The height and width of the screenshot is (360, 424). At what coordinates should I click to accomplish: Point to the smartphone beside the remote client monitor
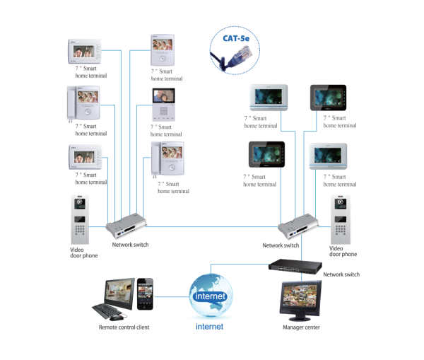coord(145,293)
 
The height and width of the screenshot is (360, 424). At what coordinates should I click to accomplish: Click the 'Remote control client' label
coord(124,327)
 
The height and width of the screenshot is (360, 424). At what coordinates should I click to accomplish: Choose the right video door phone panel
coord(341,218)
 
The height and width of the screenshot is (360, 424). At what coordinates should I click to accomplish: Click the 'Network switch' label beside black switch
coord(341,274)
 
